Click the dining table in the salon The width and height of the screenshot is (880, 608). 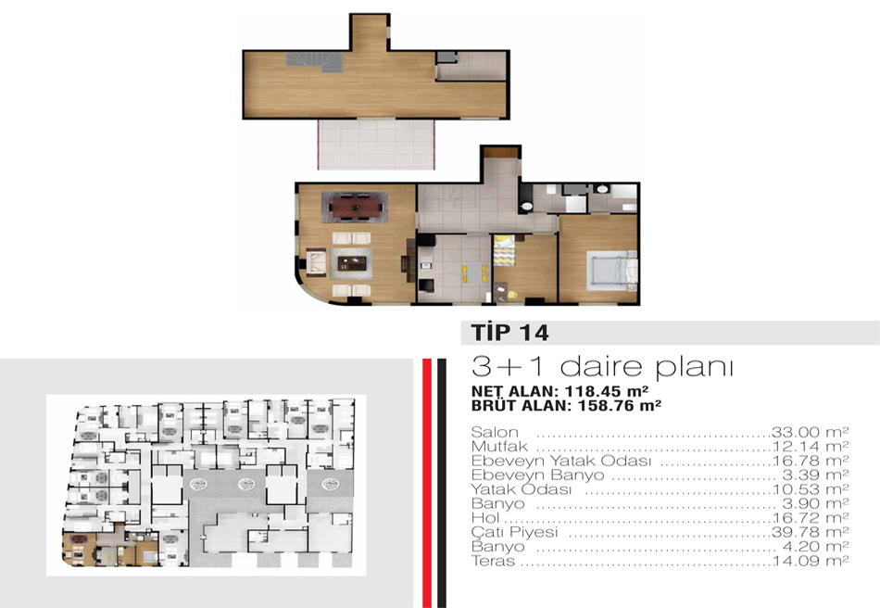click(x=354, y=207)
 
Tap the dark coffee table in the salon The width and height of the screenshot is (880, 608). click(x=351, y=262)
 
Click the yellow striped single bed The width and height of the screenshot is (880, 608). click(x=504, y=249)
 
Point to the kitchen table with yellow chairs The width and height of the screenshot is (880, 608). click(x=474, y=272)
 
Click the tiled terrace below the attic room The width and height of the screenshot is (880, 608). click(x=377, y=144)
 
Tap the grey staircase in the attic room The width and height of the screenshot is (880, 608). click(x=314, y=60)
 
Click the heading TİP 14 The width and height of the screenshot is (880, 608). click(x=509, y=333)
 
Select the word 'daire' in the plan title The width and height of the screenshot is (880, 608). click(x=601, y=367)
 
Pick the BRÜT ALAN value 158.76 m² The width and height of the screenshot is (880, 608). click(x=619, y=405)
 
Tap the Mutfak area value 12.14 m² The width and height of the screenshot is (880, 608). click(x=811, y=447)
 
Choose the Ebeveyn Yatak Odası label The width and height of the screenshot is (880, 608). click(x=560, y=461)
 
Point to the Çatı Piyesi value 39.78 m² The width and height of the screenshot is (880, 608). click(x=810, y=532)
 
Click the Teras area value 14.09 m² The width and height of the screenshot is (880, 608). click(x=811, y=561)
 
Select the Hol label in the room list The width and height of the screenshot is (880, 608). click(x=484, y=517)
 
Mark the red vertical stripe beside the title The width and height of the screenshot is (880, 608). click(x=427, y=483)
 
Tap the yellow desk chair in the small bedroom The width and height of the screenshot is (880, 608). click(x=511, y=294)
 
